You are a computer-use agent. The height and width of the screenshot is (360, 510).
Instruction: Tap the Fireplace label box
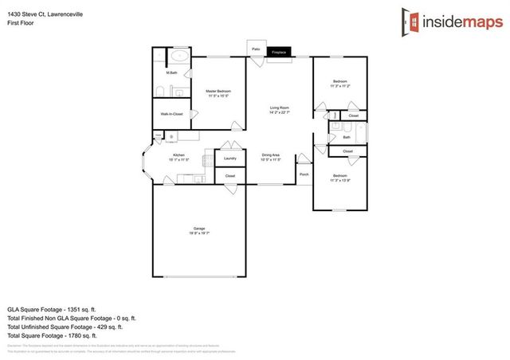pos(279,52)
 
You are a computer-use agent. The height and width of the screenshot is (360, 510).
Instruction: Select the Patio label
pos(256,49)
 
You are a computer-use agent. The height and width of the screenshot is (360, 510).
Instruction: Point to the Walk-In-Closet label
pos(171,114)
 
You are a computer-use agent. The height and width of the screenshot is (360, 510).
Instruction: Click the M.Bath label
pos(171,74)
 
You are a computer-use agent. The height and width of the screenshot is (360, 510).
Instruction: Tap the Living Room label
pos(279,108)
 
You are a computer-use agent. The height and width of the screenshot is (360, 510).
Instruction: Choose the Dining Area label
pos(270,155)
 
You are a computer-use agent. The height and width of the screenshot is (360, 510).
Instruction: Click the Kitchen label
pos(178,155)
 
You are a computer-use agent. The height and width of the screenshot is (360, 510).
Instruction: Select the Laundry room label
pos(229,158)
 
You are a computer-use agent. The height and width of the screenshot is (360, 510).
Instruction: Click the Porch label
pos(304,174)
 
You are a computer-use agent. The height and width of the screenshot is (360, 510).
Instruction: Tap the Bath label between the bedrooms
pos(335,137)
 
